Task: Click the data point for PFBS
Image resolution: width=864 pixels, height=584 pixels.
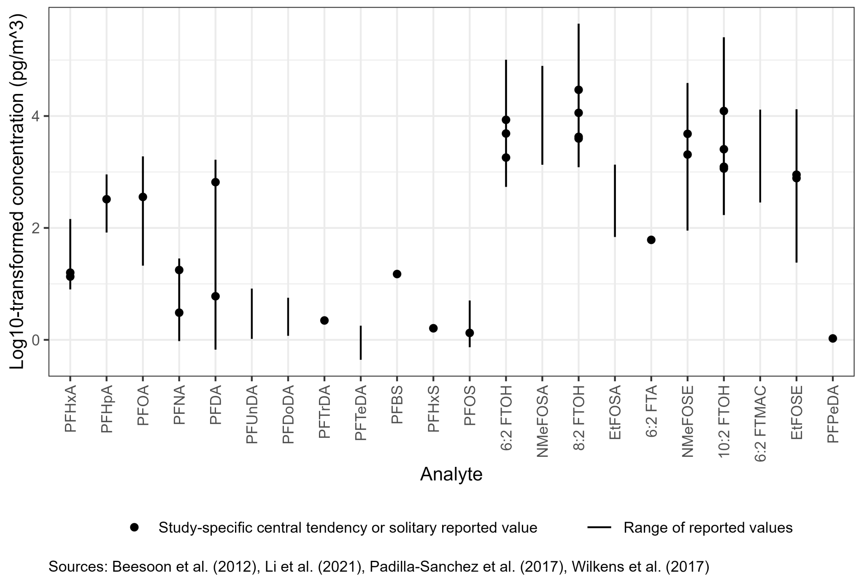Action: click(x=397, y=274)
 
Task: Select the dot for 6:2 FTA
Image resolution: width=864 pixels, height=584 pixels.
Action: click(x=651, y=240)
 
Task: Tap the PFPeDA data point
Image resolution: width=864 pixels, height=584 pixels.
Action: click(x=833, y=338)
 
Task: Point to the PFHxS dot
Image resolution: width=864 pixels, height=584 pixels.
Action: click(x=433, y=328)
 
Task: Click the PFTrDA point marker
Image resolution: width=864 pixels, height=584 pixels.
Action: click(x=324, y=320)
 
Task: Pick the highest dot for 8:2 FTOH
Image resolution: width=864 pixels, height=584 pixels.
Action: click(x=578, y=90)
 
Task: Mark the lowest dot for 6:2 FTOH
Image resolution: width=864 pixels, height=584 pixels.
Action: click(x=506, y=158)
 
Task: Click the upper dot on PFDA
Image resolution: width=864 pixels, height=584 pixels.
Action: click(x=216, y=182)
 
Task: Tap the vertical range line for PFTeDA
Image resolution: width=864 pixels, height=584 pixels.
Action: click(x=361, y=342)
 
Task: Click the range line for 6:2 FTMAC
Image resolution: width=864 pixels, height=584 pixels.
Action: click(x=760, y=156)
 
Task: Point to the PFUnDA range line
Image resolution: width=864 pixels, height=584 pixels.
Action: click(x=252, y=313)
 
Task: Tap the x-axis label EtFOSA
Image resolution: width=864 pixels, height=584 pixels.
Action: click(x=615, y=412)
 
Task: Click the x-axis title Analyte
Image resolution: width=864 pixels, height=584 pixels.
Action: click(x=451, y=474)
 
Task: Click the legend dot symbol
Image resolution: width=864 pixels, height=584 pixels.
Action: click(x=135, y=528)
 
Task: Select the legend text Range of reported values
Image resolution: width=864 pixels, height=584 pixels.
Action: click(x=708, y=528)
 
